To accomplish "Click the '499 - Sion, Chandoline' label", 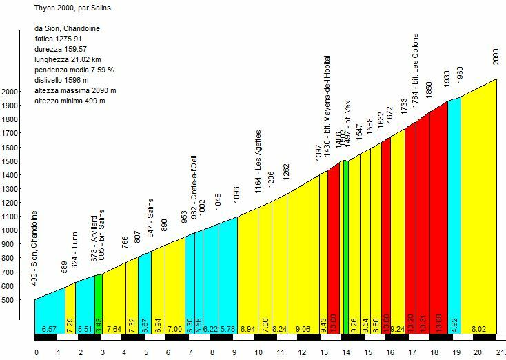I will [x=35, y=249].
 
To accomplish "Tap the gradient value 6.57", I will [x=48, y=330].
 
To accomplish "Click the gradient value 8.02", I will [x=478, y=330].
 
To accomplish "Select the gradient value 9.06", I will [x=303, y=330].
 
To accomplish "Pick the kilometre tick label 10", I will [x=258, y=352].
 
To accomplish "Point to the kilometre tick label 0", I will [x=36, y=352].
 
